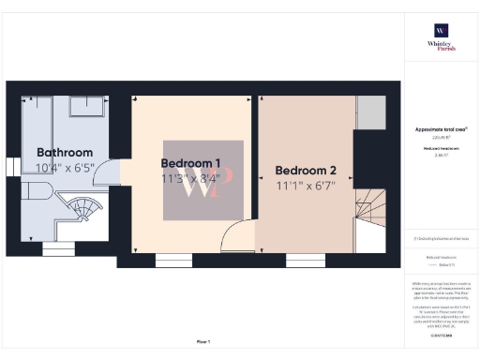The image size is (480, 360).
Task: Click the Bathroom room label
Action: click(65, 153)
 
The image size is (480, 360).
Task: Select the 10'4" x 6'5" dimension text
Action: click(65, 168)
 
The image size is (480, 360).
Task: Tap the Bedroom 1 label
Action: click(191, 163)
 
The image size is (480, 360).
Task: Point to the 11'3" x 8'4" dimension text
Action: click(191, 178)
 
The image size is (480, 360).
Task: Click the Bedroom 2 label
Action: click(306, 171)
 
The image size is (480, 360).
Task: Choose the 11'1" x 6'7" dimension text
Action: click(306, 186)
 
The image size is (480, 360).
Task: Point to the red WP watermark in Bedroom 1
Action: click(204, 181)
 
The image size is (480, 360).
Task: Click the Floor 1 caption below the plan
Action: click(203, 342)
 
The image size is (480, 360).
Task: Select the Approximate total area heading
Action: click(441, 129)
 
